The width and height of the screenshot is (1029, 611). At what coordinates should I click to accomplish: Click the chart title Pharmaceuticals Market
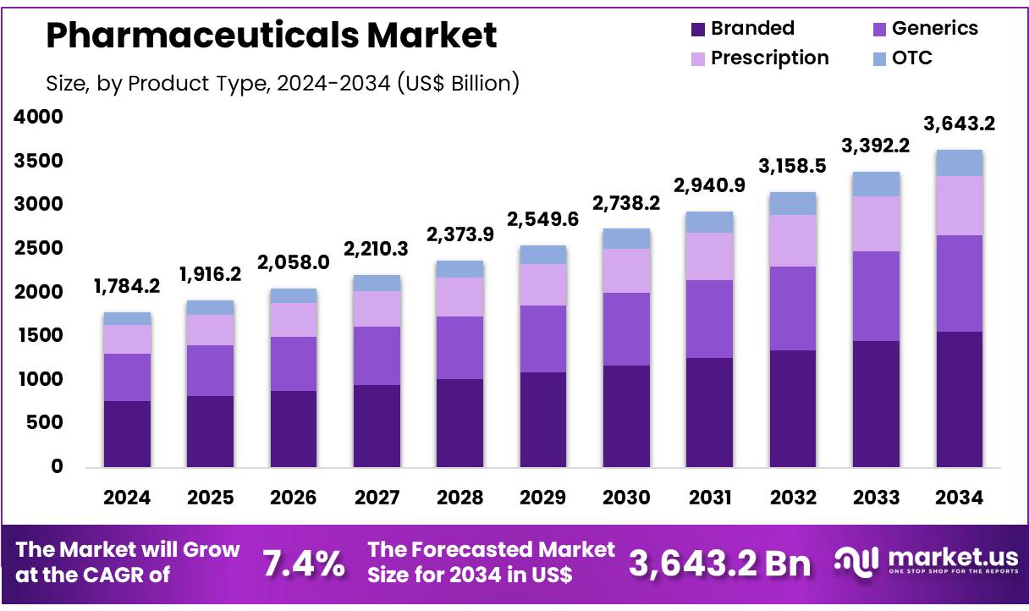[x=271, y=36]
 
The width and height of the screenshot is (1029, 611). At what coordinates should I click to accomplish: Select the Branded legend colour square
[x=697, y=29]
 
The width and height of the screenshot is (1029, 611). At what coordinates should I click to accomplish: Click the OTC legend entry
[x=912, y=58]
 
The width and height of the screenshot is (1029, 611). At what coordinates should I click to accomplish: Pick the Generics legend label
[x=935, y=28]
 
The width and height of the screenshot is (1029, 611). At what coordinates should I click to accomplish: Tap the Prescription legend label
[x=769, y=58]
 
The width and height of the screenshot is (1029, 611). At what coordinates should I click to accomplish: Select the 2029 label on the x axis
[x=543, y=498]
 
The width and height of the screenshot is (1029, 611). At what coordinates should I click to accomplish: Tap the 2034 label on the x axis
[x=960, y=498]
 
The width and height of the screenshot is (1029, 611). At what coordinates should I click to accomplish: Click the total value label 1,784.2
[x=128, y=285]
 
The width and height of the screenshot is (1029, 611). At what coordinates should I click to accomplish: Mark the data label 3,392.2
[x=877, y=146]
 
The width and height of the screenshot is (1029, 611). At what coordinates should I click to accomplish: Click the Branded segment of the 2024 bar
[x=127, y=433]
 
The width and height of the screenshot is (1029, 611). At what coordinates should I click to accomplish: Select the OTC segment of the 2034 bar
[x=960, y=162]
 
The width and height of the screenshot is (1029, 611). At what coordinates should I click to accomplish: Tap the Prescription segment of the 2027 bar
[x=377, y=309]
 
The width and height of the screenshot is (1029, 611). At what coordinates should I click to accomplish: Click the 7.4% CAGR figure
[x=304, y=564]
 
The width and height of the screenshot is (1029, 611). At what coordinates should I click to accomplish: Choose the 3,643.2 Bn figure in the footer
[x=719, y=564]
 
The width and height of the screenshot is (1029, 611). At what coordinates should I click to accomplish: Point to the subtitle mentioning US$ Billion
[x=282, y=83]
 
